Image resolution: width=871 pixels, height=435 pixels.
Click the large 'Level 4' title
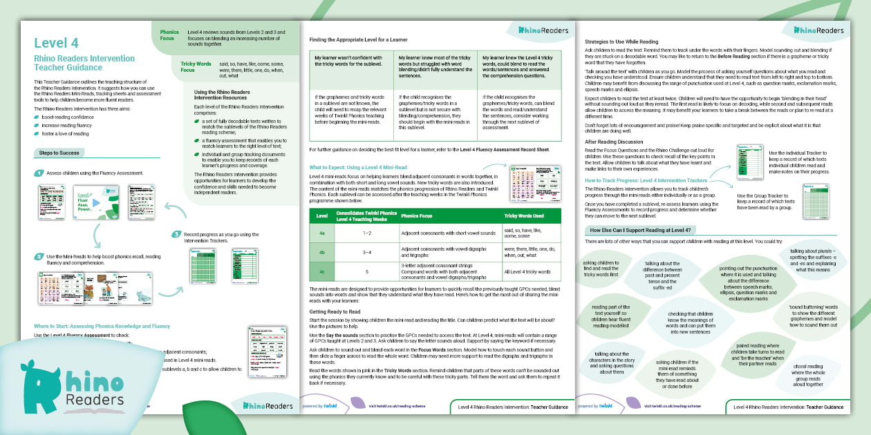56,44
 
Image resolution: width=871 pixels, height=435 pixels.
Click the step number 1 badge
39,173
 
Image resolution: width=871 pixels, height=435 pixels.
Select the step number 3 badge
177,235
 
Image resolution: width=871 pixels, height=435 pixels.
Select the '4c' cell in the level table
321,271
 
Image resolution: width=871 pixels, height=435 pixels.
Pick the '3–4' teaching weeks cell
366,253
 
